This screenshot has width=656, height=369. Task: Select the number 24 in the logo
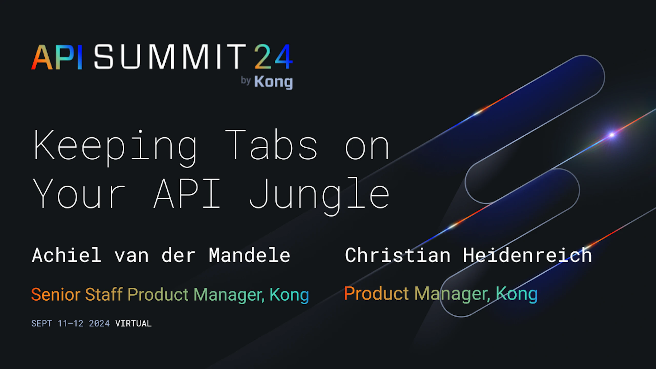coord(273,57)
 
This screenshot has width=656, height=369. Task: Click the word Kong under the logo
coord(273,82)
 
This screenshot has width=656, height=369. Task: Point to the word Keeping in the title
coord(116,148)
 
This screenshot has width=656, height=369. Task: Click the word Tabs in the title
coord(271,145)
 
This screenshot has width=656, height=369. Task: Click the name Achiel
coord(67,255)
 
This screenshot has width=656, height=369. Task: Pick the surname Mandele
coord(250,255)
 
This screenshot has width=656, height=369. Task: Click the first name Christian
coord(398,255)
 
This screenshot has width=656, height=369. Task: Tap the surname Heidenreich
coord(528,255)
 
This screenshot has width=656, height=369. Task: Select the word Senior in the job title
coord(56,294)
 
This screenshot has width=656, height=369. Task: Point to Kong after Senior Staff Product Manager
coord(289,295)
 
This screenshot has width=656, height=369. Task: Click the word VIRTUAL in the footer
coord(134,323)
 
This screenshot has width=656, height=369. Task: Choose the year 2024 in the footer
coord(99,323)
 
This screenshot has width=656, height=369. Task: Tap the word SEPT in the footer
coord(42,323)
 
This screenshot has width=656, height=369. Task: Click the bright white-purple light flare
coord(612,135)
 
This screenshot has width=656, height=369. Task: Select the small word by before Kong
coord(245,81)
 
